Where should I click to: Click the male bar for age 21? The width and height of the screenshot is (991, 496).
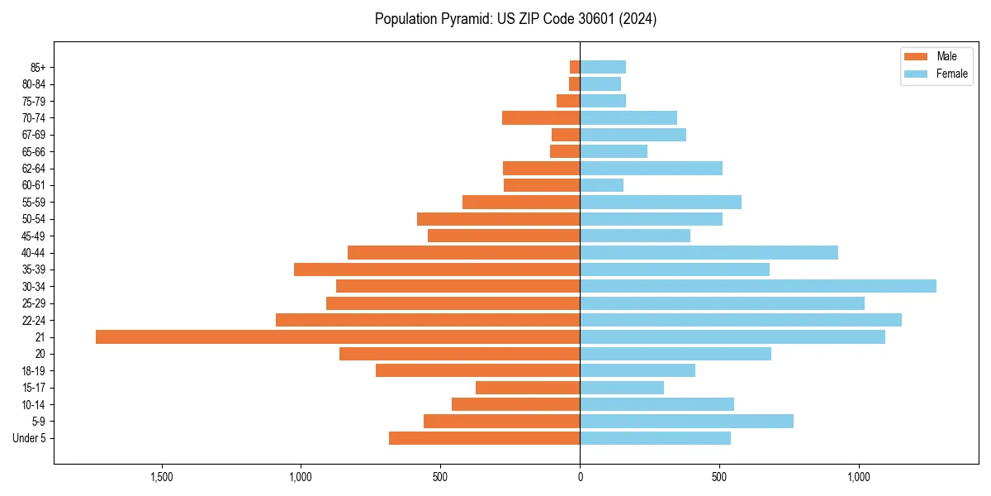tap(338, 336)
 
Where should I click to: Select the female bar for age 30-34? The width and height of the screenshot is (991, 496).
tap(758, 286)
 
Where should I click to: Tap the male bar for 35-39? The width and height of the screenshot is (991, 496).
tap(437, 269)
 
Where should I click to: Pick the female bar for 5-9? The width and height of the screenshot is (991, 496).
tap(686, 421)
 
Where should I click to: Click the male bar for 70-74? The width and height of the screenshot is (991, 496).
tap(541, 117)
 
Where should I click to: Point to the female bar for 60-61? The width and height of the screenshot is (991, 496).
tap(601, 185)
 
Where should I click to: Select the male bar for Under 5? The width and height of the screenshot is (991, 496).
tap(484, 438)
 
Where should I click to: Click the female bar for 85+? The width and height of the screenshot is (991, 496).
tap(603, 67)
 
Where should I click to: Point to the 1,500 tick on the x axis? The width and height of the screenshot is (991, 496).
tap(161, 477)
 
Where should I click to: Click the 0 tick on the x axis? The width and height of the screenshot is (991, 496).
tap(580, 477)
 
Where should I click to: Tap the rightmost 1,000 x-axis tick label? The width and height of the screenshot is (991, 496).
tap(859, 477)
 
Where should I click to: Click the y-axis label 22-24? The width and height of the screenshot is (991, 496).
tap(34, 320)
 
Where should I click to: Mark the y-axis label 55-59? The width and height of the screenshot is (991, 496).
tap(34, 202)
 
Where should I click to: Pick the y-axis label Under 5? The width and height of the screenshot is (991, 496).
tap(30, 438)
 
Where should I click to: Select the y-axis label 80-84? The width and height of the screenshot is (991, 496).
tap(34, 84)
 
